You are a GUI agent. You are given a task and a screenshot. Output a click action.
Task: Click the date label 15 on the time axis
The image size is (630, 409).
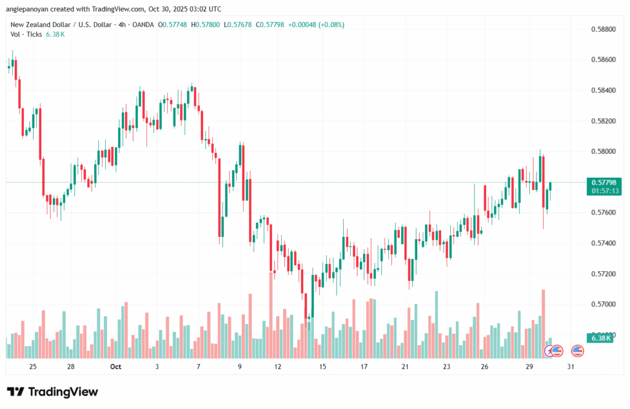[x=322, y=367]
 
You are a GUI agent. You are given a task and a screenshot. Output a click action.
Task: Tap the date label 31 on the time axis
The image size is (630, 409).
[x=570, y=367]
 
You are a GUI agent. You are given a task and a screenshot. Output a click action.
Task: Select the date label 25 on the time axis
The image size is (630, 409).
[x=33, y=367]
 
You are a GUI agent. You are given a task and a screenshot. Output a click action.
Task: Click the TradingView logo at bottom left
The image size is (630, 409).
[x=52, y=392]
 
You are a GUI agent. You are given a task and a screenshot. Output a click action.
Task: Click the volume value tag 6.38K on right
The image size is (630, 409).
[x=600, y=338]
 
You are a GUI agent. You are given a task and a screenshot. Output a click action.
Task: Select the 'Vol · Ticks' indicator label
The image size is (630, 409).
[x=26, y=34]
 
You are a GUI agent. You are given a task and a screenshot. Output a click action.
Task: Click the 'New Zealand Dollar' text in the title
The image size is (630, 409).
[x=37, y=25]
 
